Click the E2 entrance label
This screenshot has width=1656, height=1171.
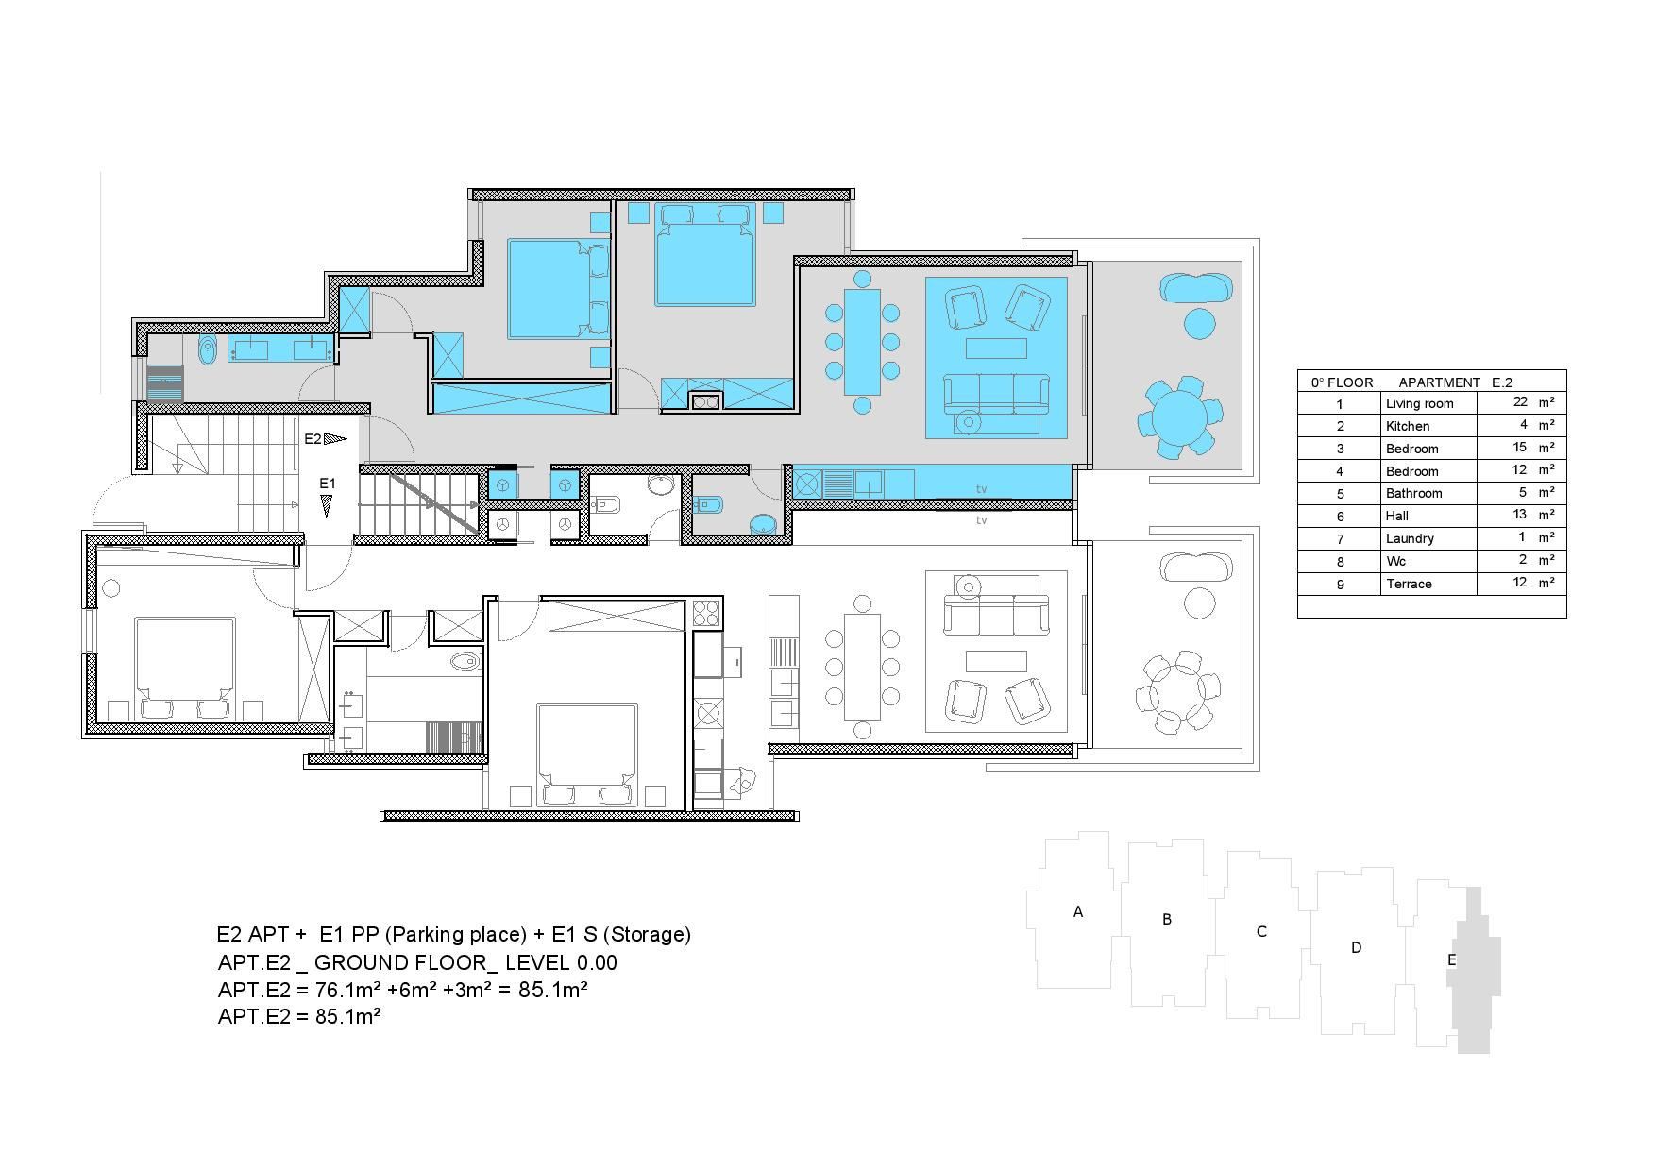click(x=313, y=439)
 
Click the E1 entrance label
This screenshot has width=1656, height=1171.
click(x=327, y=484)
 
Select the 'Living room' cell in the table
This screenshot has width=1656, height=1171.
click(x=1419, y=403)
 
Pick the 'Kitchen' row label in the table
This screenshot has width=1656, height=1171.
click(x=1408, y=426)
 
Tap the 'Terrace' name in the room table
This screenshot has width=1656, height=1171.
click(x=1409, y=584)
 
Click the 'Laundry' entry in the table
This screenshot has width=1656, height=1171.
click(x=1410, y=538)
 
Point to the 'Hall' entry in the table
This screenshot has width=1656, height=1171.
click(x=1397, y=516)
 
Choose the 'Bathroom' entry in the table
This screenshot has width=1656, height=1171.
click(x=1413, y=493)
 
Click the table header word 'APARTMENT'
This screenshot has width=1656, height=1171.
click(x=1439, y=382)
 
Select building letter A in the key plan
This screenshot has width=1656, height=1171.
click(x=1078, y=911)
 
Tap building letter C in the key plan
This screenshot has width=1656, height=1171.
click(x=1261, y=931)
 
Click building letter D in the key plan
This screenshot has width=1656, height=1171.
click(x=1357, y=947)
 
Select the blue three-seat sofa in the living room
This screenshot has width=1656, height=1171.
click(x=996, y=394)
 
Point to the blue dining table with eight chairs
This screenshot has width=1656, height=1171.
click(x=862, y=341)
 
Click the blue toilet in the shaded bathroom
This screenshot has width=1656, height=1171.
click(x=208, y=350)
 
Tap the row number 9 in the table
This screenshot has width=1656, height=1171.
click(x=1340, y=585)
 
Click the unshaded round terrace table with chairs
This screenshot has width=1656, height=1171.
click(x=1179, y=691)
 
